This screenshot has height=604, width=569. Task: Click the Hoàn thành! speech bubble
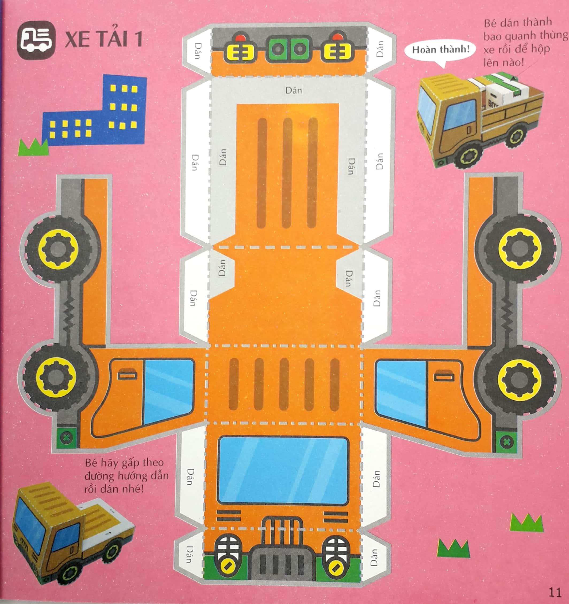click(440, 49)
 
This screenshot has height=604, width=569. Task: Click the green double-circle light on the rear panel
click(289, 49)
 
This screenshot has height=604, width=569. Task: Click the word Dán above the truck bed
click(293, 90)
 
